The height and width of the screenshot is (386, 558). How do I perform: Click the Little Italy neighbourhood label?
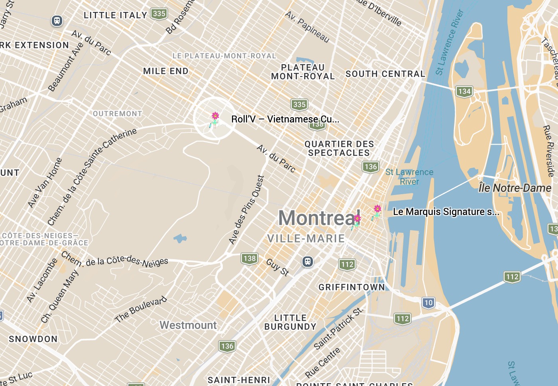(x=115, y=15)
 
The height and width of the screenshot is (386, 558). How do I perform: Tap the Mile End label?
(x=165, y=71)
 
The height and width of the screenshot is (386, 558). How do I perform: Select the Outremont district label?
(x=117, y=114)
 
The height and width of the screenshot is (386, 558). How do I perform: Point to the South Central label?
(x=385, y=74)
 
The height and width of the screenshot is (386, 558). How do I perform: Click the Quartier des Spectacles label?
(x=339, y=148)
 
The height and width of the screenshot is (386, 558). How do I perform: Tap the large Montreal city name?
(x=317, y=218)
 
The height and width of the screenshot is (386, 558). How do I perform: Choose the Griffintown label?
(x=352, y=287)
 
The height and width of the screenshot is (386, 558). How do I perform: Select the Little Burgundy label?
(x=290, y=322)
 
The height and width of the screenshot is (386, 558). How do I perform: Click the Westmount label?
(x=188, y=325)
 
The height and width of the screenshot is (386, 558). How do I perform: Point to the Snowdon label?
(x=33, y=339)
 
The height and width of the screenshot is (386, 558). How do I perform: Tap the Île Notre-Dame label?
(x=515, y=188)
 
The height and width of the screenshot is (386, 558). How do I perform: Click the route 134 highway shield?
(x=464, y=91)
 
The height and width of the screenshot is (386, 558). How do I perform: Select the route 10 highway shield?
(x=428, y=303)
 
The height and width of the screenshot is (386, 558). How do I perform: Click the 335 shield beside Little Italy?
(x=159, y=14)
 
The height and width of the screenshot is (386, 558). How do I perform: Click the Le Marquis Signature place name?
(x=446, y=212)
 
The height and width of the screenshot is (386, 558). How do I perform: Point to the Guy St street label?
(x=277, y=267)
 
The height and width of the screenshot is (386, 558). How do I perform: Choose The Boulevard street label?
(x=141, y=309)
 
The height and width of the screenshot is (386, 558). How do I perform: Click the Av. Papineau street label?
(x=307, y=27)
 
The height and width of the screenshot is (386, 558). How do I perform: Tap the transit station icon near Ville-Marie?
(x=307, y=262)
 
